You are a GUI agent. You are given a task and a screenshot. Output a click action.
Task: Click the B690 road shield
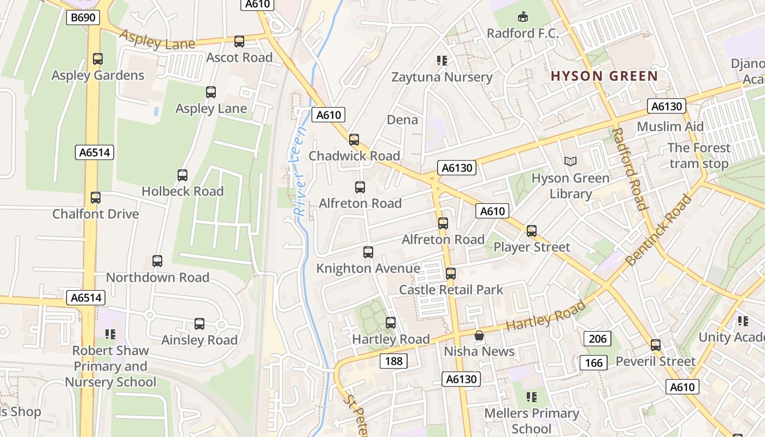tap(83, 17)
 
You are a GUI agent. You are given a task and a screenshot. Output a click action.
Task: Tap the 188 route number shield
tap(393, 361)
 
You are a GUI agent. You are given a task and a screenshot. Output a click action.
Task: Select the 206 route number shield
tap(597, 339)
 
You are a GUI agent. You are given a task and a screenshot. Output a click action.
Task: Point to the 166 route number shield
tap(593, 362)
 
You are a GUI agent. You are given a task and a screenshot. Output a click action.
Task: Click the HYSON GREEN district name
tap(604, 76)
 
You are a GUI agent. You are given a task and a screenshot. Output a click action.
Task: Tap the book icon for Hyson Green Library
tap(570, 161)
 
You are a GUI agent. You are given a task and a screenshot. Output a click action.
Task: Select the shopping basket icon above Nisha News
tap(479, 335)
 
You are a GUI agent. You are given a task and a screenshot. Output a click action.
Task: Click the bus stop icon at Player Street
tap(532, 231)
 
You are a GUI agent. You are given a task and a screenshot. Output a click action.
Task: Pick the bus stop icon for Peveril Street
tap(655, 345)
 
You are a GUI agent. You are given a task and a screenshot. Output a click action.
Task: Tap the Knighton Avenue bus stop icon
tap(368, 252)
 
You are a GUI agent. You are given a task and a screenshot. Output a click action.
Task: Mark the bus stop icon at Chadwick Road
tap(354, 139)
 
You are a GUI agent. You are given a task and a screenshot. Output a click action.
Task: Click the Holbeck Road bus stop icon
tap(183, 175)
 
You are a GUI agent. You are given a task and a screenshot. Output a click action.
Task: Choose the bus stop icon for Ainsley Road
tap(199, 323)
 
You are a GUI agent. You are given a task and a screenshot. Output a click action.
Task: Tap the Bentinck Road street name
tap(658, 230)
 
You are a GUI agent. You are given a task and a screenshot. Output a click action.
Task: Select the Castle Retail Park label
tap(451, 290)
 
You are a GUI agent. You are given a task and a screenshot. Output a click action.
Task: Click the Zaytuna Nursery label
tap(442, 77)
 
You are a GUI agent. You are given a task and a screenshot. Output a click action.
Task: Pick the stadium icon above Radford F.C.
tap(523, 17)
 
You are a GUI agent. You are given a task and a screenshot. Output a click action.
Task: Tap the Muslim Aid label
tap(670, 127)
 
